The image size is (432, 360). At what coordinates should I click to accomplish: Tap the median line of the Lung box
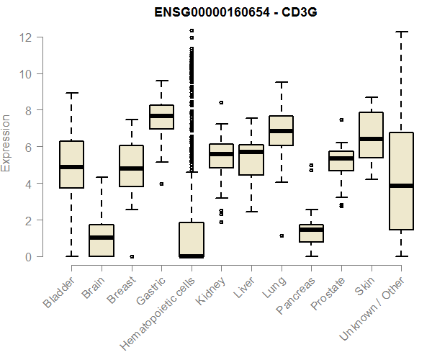pyautogui.click(x=281, y=131)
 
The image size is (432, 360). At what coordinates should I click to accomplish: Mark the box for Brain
pyautogui.click(x=102, y=240)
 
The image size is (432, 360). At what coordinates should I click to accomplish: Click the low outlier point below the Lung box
pyautogui.click(x=281, y=235)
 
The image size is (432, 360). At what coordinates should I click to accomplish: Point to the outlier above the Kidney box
pyautogui.click(x=221, y=102)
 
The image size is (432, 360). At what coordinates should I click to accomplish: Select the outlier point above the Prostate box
pyautogui.click(x=341, y=120)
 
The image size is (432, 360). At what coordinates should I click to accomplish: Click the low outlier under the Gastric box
pyautogui.click(x=161, y=184)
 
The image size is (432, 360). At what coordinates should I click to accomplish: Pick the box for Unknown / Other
pyautogui.click(x=401, y=181)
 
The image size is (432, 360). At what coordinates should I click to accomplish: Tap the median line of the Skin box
pyautogui.click(x=371, y=138)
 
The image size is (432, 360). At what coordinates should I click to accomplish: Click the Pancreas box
pyautogui.click(x=311, y=233)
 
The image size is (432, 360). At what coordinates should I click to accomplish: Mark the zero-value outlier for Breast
pyautogui.click(x=132, y=256)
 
